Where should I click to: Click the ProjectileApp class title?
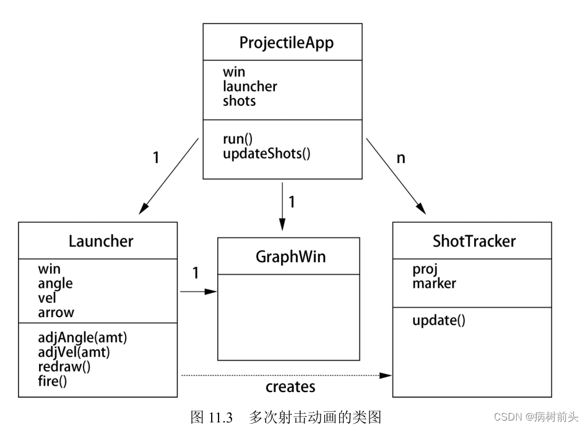[286, 43]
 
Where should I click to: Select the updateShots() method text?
[266, 152]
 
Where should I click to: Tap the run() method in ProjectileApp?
[238, 139]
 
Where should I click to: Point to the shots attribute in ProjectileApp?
[239, 101]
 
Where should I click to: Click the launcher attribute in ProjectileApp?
[249, 87]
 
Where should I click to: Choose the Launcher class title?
[100, 241]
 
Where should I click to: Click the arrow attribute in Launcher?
[56, 312]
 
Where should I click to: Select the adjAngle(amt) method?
[86, 339]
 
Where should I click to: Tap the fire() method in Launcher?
[52, 381]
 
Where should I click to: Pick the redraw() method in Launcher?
[64, 367]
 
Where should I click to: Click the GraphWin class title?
[289, 256]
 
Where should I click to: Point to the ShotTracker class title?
[473, 241]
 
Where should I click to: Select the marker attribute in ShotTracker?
[434, 283]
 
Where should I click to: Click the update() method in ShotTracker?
[438, 320]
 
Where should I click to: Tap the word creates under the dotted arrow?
[290, 387]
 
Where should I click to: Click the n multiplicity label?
[400, 157]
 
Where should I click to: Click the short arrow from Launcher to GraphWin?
[198, 291]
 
